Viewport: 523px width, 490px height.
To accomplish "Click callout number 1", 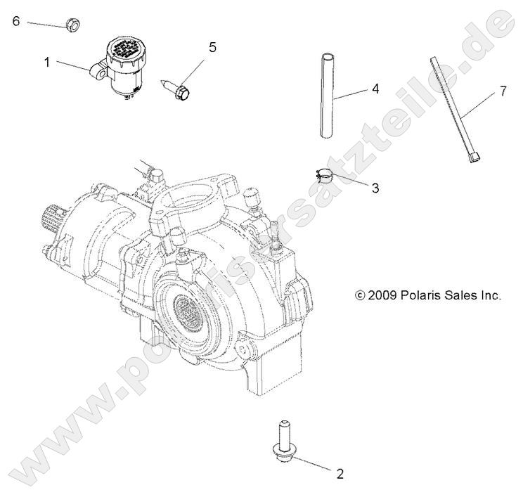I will [x=47, y=62].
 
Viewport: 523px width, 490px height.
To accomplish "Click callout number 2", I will [x=341, y=473].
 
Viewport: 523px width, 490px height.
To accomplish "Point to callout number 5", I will [x=212, y=48].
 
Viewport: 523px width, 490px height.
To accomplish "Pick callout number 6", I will [x=16, y=20].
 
